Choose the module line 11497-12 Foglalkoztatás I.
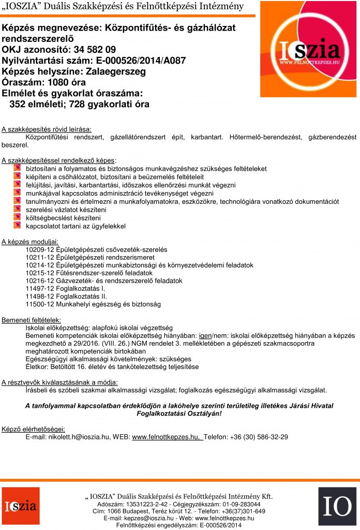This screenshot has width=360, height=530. pyautogui.click(x=65, y=288)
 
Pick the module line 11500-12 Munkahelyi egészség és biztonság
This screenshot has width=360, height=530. pyautogui.click(x=93, y=304)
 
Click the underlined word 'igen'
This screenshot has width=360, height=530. pyautogui.click(x=206, y=335)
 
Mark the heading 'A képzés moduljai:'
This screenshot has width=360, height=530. pyautogui.click(x=30, y=241)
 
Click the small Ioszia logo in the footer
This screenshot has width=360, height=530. pyautogui.click(x=20, y=506)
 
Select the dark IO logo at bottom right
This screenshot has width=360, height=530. pyautogui.click(x=337, y=506)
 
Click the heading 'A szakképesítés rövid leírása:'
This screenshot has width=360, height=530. pyautogui.click(x=47, y=128)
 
